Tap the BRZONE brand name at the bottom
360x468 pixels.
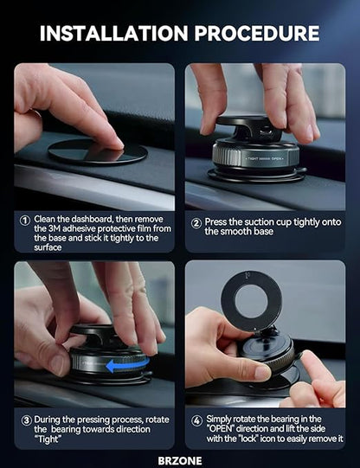pyautogui.click(x=179, y=452)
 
